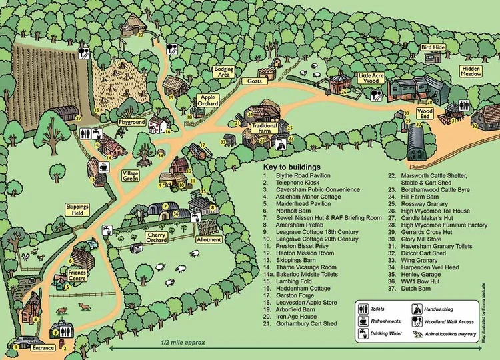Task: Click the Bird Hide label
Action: [x=433, y=48]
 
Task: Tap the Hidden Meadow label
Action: [x=472, y=72]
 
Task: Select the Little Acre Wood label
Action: [x=372, y=79]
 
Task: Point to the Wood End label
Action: [x=425, y=113]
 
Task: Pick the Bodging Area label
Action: [x=224, y=72]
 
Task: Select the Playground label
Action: [x=132, y=123]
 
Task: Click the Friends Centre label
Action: [x=77, y=275]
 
